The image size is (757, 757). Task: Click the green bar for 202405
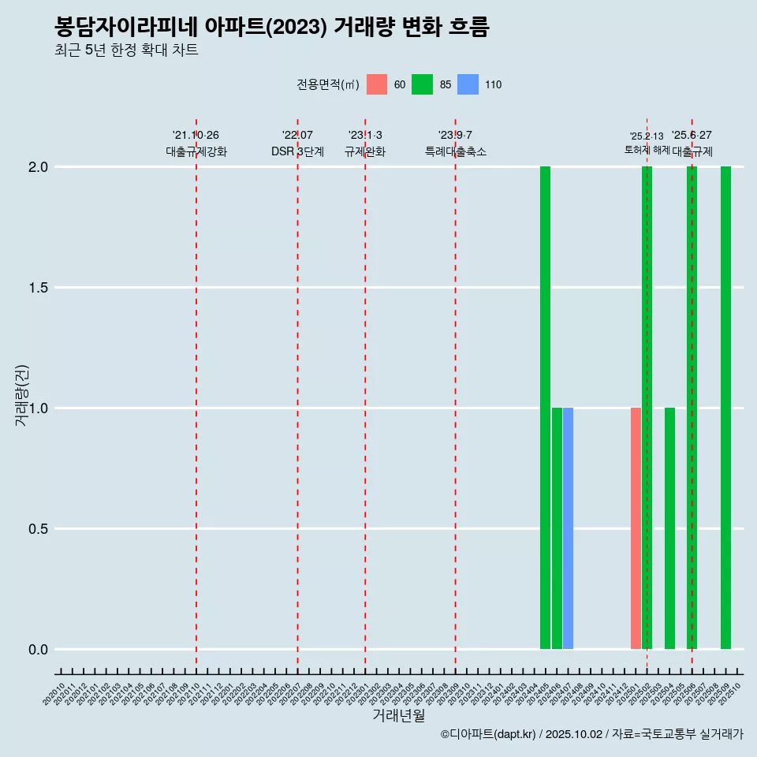tap(545, 408)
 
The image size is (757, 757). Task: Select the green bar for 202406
tap(557, 528)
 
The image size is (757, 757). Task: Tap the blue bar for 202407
tap(568, 528)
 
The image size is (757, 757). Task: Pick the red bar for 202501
tap(636, 528)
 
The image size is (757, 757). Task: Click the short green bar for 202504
tap(669, 528)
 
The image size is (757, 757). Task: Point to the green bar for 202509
tap(725, 408)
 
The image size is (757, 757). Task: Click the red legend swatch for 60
tap(377, 84)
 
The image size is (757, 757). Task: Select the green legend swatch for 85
tap(422, 84)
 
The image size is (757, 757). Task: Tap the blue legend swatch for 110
tap(468, 84)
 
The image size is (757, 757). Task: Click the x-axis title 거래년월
tap(398, 715)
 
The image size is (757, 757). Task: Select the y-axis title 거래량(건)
tap(22, 396)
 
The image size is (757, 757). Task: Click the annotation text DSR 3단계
tap(297, 151)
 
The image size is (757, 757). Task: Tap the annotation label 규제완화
tap(365, 151)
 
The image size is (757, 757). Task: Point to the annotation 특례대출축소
tap(456, 151)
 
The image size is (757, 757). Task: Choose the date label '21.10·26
tap(196, 135)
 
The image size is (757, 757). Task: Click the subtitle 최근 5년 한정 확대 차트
tap(126, 50)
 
